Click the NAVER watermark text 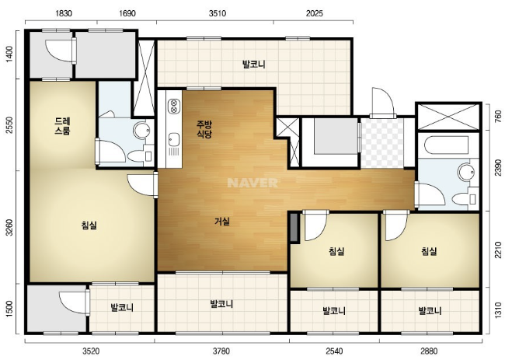click(253, 183)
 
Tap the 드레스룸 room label click(62, 127)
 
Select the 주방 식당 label click(204, 129)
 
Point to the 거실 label click(222, 222)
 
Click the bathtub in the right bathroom click(447, 145)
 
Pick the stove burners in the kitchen click(174, 107)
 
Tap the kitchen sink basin click(174, 140)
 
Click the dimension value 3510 click(218, 13)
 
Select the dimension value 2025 click(314, 13)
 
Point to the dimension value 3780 click(221, 351)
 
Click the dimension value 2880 click(429, 351)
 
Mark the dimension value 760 click(498, 117)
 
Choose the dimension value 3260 click(10, 228)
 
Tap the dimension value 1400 click(10, 54)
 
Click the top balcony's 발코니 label click(254, 65)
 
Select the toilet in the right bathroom click(464, 198)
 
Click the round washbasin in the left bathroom click(141, 130)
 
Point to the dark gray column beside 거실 click(294, 228)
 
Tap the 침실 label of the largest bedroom click(89, 225)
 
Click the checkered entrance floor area click(382, 143)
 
